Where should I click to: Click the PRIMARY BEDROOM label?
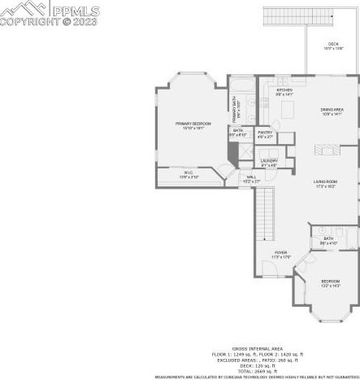click(193, 123)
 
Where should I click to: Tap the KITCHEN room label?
click(284, 90)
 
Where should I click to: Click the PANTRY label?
click(265, 132)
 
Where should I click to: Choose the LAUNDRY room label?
click(269, 161)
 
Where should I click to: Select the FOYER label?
click(280, 253)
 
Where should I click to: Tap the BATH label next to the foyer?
click(327, 240)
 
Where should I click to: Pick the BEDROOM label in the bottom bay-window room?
click(329, 282)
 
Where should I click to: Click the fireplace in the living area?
click(330, 150)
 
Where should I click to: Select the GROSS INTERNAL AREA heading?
click(257, 347)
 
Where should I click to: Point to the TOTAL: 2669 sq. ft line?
click(257, 370)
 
